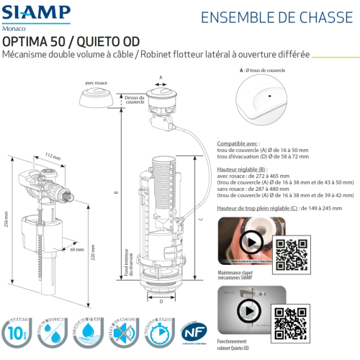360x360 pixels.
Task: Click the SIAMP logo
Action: point(36,12)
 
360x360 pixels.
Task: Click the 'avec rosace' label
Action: point(96,83)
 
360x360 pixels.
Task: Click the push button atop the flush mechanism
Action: point(161,94)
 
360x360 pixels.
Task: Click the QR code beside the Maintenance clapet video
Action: point(292,251)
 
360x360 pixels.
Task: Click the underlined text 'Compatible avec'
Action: point(238,143)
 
